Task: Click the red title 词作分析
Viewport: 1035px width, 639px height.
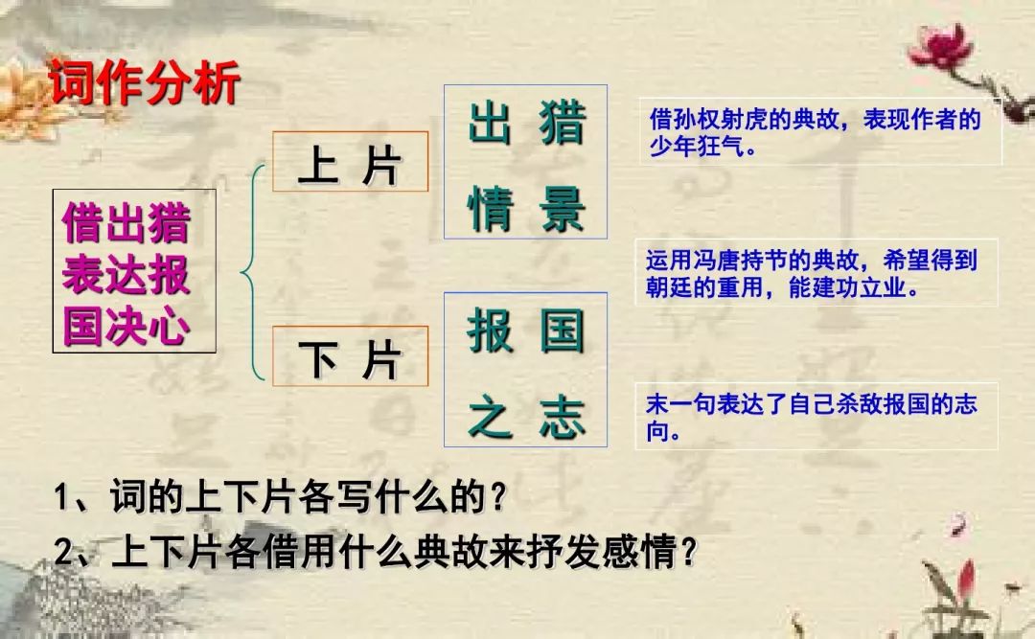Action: click(x=145, y=82)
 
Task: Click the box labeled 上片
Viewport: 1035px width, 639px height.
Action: click(x=351, y=162)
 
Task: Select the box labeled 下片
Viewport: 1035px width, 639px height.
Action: click(x=351, y=356)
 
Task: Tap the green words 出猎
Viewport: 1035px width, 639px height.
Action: click(x=527, y=123)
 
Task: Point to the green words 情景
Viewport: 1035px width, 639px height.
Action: click(x=527, y=209)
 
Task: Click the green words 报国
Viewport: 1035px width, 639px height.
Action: click(x=527, y=331)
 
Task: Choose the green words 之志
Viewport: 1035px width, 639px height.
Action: click(x=527, y=417)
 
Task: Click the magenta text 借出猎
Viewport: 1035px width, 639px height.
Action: click(x=126, y=223)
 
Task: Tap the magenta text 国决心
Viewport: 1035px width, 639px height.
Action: click(x=126, y=326)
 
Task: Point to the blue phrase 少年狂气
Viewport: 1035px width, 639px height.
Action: click(x=697, y=147)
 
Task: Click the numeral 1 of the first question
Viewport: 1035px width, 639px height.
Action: click(x=62, y=498)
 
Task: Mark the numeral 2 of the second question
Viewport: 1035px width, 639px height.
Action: click(x=63, y=552)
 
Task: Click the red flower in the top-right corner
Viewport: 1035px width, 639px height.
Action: click(x=941, y=46)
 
